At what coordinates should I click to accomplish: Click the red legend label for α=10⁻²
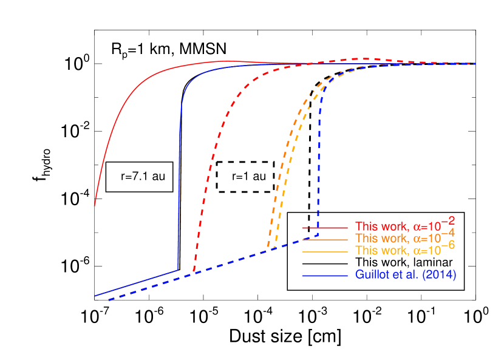(x=405, y=226)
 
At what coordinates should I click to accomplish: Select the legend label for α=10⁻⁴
(x=405, y=238)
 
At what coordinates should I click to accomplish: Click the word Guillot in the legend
(x=371, y=275)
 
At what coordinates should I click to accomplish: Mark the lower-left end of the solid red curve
(x=94, y=206)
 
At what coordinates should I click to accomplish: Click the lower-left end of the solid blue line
(x=95, y=296)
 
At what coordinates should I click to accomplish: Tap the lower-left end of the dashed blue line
(x=109, y=299)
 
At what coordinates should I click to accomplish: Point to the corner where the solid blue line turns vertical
(x=178, y=270)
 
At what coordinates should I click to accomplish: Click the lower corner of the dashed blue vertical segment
(x=318, y=234)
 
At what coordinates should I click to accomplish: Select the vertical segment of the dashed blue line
(x=318, y=164)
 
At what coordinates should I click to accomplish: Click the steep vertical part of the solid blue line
(x=180, y=182)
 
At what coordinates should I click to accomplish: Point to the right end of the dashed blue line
(x=475, y=64)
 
